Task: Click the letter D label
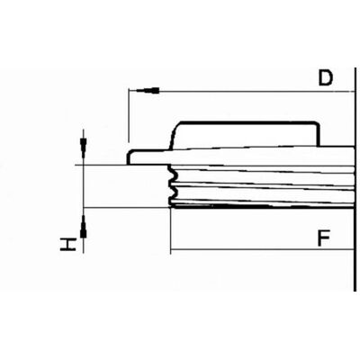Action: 326,77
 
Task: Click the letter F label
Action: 324,238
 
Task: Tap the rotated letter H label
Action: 67,245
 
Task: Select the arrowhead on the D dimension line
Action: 148,91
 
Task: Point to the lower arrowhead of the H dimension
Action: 84,228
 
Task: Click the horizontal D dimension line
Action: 241,91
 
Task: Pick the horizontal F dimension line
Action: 262,249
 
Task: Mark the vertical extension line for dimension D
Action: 129,115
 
